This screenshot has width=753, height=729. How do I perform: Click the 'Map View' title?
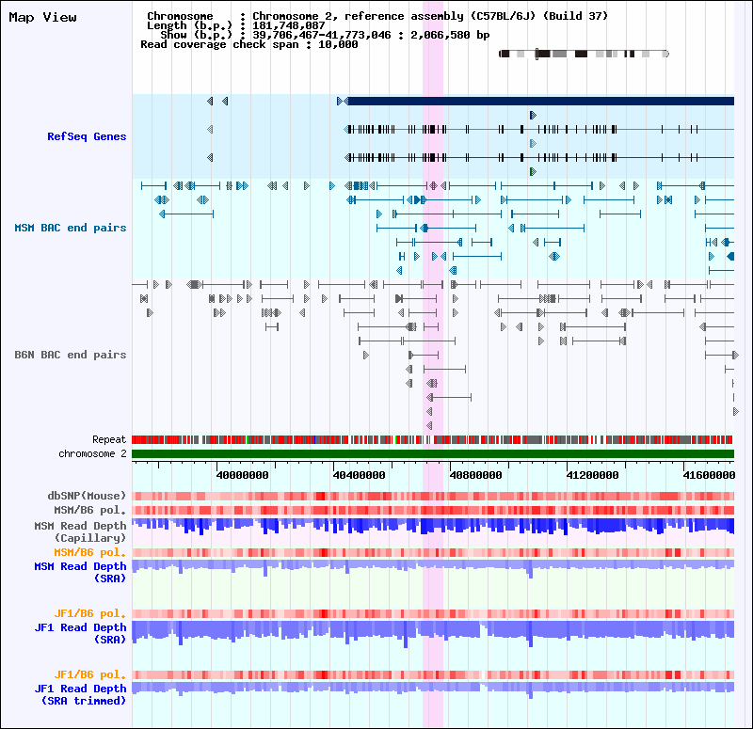pyautogui.click(x=42, y=17)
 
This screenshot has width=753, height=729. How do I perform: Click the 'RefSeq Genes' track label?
pyautogui.click(x=87, y=136)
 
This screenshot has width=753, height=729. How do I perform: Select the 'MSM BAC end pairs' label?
pyautogui.click(x=70, y=228)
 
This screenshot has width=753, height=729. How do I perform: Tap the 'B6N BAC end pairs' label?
pyautogui.click(x=70, y=355)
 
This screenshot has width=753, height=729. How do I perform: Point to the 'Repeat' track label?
pyautogui.click(x=109, y=439)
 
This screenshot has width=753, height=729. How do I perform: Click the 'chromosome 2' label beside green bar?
pyautogui.click(x=92, y=453)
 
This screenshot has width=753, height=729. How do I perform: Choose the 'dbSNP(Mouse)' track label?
pyautogui.click(x=87, y=496)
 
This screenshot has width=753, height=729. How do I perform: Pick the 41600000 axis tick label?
pyautogui.click(x=703, y=475)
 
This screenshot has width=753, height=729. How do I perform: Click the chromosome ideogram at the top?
pyautogui.click(x=584, y=55)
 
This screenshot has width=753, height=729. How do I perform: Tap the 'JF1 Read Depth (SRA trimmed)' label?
pyautogui.click(x=80, y=694)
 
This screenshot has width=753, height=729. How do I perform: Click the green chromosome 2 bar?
pyautogui.click(x=433, y=454)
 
